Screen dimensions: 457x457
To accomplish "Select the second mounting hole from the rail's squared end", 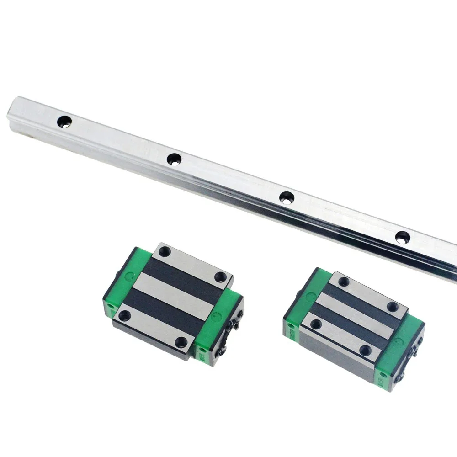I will [174, 159].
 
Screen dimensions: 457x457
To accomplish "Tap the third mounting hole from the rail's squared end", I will [287, 198].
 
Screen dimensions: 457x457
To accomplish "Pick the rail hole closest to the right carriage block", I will [403, 238].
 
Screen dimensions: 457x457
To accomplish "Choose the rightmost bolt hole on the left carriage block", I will [221, 276].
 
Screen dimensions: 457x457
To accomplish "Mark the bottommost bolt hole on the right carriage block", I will [365, 351].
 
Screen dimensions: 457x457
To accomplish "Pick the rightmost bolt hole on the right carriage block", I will [392, 307].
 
